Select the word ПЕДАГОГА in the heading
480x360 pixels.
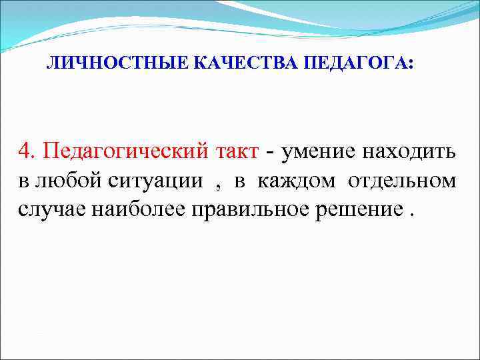pos(355,63)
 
